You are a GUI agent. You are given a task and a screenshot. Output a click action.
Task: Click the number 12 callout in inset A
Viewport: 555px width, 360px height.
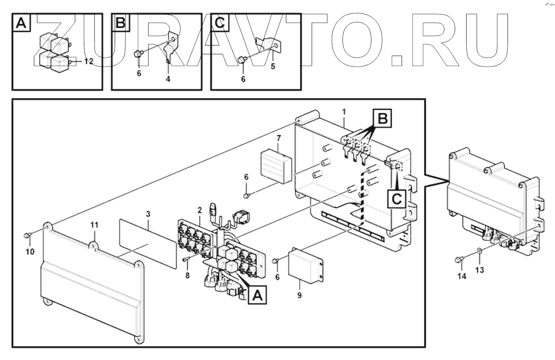(89, 62)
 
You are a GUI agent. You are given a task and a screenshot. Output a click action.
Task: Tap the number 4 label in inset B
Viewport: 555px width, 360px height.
(168, 79)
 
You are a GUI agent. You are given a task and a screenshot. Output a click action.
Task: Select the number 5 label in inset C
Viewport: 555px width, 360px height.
(272, 67)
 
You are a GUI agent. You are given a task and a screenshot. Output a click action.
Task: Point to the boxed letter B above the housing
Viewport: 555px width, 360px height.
(382, 119)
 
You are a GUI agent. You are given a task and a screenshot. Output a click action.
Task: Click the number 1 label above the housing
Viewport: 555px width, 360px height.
(344, 112)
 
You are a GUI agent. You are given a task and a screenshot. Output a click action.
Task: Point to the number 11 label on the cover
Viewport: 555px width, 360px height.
(95, 225)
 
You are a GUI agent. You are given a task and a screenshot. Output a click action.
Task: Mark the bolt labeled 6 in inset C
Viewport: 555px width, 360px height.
(241, 60)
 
